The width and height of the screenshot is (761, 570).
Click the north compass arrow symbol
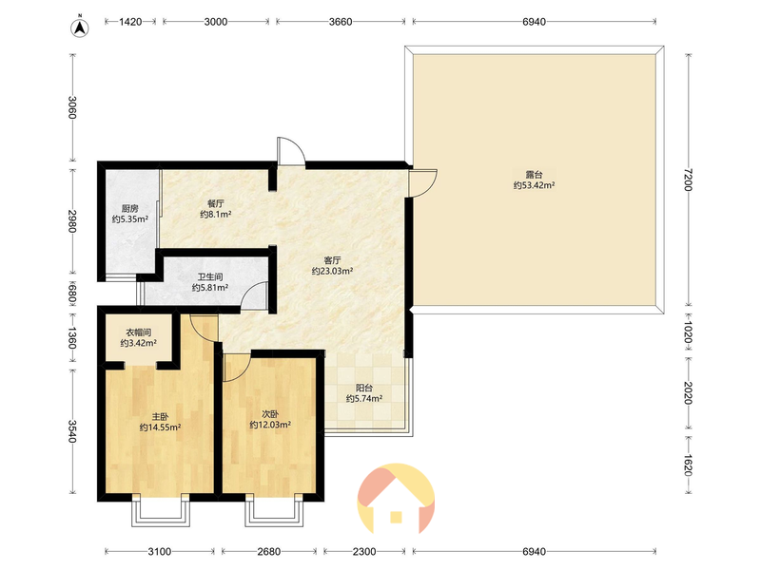[x=80, y=28]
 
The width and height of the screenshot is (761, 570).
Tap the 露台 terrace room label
[x=534, y=175]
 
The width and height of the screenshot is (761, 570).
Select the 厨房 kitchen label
[x=130, y=208]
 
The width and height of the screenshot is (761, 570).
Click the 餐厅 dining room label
[x=216, y=203]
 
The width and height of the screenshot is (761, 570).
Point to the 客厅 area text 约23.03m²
[x=332, y=271]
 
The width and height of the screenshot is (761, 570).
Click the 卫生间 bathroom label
[x=210, y=276]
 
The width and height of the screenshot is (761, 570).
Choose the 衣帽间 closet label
[x=138, y=332]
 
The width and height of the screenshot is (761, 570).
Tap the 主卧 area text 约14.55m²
[x=160, y=427]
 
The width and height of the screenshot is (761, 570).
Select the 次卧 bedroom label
[x=270, y=414]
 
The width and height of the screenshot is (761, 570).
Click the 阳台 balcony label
[x=364, y=388]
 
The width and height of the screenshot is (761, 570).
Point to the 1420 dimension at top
[x=130, y=22]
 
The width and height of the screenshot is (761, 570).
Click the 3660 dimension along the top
[x=341, y=22]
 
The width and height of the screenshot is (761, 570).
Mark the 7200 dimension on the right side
[x=687, y=180]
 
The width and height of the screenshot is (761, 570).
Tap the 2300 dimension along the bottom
[x=364, y=552]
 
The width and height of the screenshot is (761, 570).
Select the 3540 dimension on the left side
[x=72, y=431]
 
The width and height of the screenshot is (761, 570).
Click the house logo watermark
[x=396, y=498]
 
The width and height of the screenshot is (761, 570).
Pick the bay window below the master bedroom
[x=161, y=510]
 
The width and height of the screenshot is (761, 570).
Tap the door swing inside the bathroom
[x=253, y=295]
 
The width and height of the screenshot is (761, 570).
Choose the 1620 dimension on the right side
[x=687, y=465]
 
